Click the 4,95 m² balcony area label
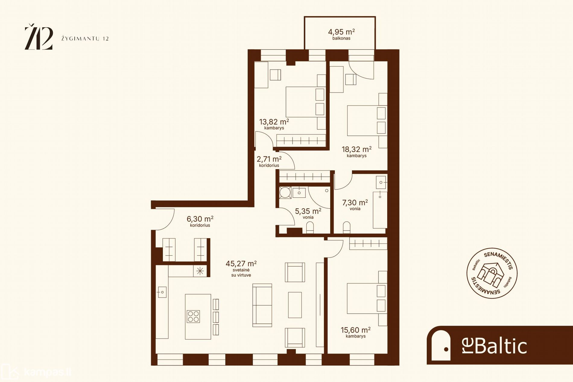click(x=341, y=34)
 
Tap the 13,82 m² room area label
click(x=274, y=124)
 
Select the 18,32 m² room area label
click(x=356, y=152)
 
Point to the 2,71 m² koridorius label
click(x=269, y=161)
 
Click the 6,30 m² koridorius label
click(x=200, y=221)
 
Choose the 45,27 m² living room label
click(x=241, y=268)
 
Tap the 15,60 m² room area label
click(x=356, y=332)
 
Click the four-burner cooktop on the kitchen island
click(x=193, y=317)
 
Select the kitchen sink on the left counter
click(x=162, y=292)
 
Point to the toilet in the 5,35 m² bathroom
click(x=310, y=228)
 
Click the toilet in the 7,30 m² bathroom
click(x=347, y=228)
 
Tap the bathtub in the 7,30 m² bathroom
click(x=380, y=210)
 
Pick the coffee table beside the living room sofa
click(x=295, y=305)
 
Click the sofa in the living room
click(x=262, y=305)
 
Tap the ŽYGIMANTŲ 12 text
click(x=85, y=39)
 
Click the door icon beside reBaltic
click(x=441, y=346)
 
